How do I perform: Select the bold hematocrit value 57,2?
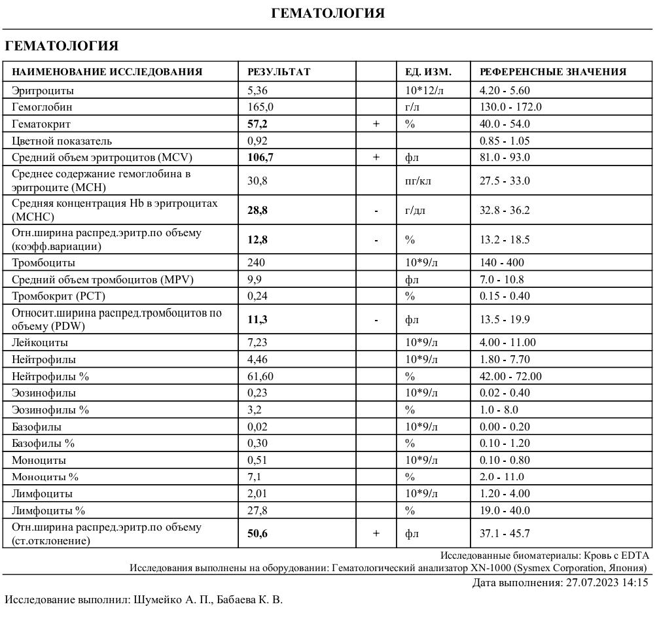pyautogui.click(x=257, y=124)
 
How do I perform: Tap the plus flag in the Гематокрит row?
pyautogui.click(x=376, y=124)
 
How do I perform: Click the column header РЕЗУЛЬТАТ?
pyautogui.click(x=279, y=72)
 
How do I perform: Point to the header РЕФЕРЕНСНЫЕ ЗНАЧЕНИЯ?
pyautogui.click(x=553, y=72)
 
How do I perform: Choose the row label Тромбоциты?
pyautogui.click(x=43, y=263)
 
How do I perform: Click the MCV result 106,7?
pyautogui.click(x=260, y=158)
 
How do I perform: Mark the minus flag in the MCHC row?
pyautogui.click(x=376, y=211)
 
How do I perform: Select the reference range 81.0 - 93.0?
pyautogui.click(x=505, y=158)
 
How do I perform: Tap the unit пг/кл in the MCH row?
pyautogui.click(x=418, y=181)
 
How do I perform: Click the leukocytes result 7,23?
pyautogui.click(x=258, y=343)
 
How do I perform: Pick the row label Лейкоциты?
pyautogui.click(x=40, y=343)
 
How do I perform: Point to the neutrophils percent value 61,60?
pyautogui.click(x=260, y=377)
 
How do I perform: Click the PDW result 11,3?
pyautogui.click(x=257, y=320)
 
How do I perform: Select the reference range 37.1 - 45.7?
pyautogui.click(x=505, y=534)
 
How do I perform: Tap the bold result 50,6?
pyautogui.click(x=257, y=534)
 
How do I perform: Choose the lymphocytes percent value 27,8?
pyautogui.click(x=258, y=511)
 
